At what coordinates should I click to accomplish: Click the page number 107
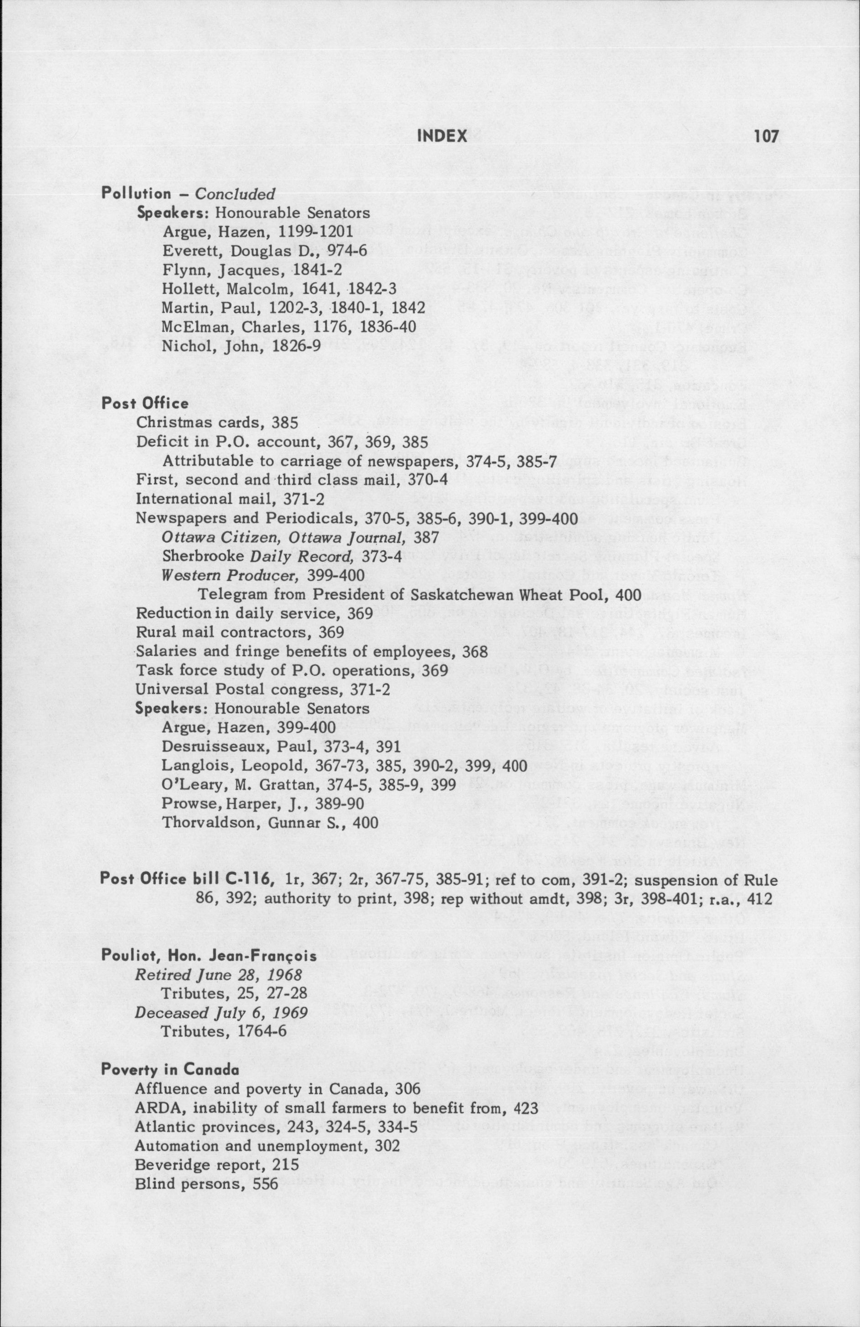click(765, 136)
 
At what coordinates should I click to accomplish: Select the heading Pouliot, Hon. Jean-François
click(209, 955)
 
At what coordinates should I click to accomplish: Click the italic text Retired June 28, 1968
click(219, 975)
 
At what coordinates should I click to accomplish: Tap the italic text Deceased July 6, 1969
click(221, 1013)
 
